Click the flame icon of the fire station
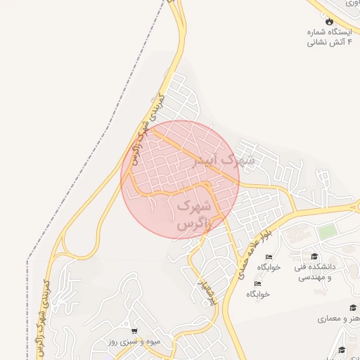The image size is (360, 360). tap(328, 21)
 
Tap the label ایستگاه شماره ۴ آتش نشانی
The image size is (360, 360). tap(328, 37)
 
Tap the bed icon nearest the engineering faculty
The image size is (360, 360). tap(269, 257)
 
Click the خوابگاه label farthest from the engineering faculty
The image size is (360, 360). tap(258, 294)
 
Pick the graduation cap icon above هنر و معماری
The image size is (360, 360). tap(352, 308)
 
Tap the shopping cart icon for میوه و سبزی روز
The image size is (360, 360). tap(134, 330)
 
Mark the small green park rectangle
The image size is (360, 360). tap(327, 231)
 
